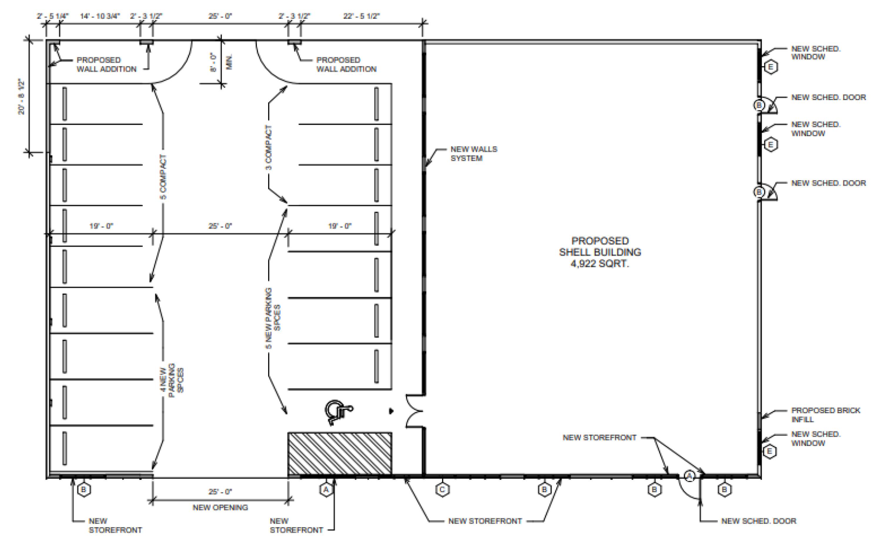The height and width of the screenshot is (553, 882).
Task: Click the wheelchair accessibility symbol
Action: (x=337, y=412)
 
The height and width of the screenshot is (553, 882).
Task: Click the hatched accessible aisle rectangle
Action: (x=339, y=453)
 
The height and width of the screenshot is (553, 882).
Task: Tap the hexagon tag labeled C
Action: (x=442, y=489)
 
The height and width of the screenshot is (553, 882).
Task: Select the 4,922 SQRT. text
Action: (x=599, y=263)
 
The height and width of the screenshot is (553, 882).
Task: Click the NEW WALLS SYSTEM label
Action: (x=473, y=154)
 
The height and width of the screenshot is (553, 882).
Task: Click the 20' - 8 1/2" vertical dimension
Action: (x=22, y=97)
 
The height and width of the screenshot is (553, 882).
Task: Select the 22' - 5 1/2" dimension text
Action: (x=361, y=16)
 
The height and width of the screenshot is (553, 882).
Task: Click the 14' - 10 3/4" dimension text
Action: (x=100, y=16)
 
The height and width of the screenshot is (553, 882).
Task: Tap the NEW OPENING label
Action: (x=220, y=507)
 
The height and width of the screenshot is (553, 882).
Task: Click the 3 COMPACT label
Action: (x=269, y=147)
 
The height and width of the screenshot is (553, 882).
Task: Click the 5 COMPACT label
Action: (x=163, y=177)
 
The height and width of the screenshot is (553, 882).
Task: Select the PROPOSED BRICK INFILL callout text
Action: (x=825, y=415)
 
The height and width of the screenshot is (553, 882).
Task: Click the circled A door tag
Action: (x=689, y=476)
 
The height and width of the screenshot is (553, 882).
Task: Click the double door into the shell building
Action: (x=415, y=411)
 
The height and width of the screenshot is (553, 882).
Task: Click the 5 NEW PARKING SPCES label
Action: (x=273, y=318)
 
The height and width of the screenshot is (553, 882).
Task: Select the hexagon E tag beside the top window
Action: (x=770, y=67)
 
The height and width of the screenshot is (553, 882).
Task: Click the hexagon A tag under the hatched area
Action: (x=326, y=489)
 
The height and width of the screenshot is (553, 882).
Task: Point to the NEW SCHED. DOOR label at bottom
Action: (x=758, y=521)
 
